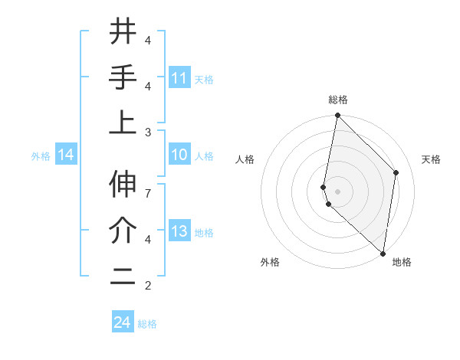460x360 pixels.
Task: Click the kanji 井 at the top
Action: click(123, 32)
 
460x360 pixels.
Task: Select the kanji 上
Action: click(123, 123)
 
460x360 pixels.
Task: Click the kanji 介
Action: click(123, 230)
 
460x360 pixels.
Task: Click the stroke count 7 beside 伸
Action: click(148, 185)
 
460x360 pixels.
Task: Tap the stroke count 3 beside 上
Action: click(148, 133)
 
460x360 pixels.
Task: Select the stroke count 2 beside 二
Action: click(148, 286)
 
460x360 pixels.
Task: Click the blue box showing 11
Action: click(179, 78)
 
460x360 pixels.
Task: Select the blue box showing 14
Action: click(66, 155)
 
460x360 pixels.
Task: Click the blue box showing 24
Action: click(122, 322)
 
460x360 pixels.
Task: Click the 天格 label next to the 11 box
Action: click(204, 80)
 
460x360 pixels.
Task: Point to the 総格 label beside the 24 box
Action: click(147, 324)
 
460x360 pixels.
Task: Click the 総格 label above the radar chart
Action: click(337, 100)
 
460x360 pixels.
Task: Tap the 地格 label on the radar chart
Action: click(402, 262)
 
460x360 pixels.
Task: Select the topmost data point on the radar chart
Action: click(337, 116)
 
